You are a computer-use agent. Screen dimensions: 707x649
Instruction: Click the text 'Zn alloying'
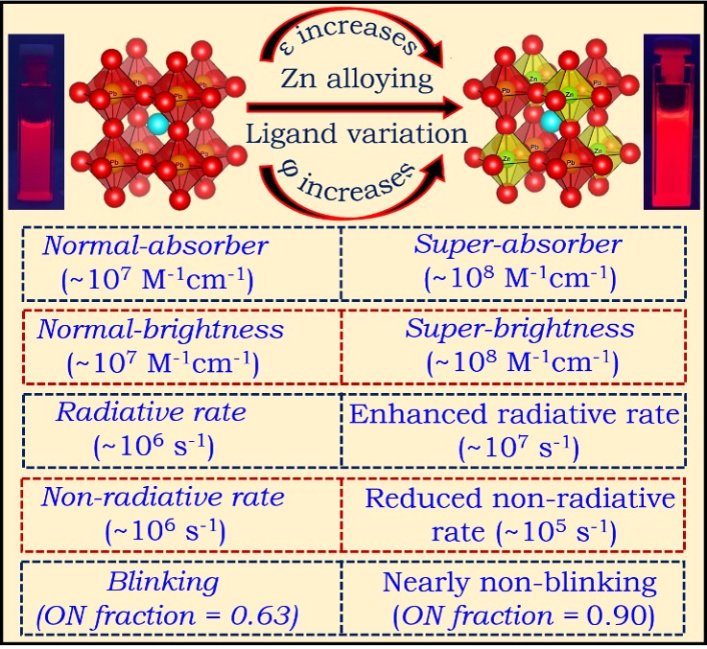click(357, 79)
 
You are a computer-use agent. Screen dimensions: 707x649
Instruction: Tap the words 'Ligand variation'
click(357, 134)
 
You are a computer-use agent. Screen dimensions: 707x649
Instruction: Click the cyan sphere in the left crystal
click(158, 124)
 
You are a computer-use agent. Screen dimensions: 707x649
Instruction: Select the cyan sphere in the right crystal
click(551, 121)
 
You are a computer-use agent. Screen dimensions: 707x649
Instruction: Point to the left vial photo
click(36, 122)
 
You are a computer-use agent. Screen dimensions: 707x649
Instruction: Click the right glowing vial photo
click(672, 122)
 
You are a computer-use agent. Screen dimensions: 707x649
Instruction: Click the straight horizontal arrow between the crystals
click(354, 107)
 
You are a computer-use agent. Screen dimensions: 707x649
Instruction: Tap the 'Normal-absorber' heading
click(155, 246)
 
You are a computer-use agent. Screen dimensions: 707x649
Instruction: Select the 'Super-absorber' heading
click(519, 244)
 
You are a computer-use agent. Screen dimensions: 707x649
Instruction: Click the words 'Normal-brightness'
click(160, 330)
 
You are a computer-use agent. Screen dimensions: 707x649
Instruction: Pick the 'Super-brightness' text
click(520, 329)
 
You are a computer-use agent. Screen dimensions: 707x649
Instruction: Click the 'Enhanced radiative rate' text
click(514, 414)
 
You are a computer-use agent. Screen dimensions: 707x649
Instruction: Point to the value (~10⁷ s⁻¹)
click(519, 448)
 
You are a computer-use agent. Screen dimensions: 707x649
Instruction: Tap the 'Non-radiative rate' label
click(163, 498)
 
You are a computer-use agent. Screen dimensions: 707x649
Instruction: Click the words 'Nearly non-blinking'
click(519, 582)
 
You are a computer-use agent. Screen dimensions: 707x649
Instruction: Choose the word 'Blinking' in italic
click(163, 582)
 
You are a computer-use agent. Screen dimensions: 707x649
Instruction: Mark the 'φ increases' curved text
click(347, 182)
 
